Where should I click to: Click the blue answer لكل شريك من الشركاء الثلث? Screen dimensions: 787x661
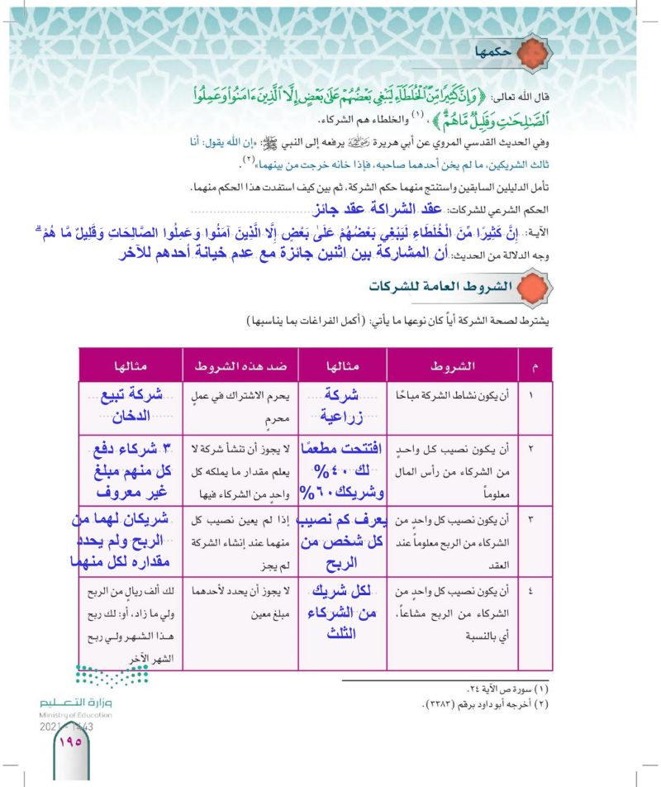coord(337,611)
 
